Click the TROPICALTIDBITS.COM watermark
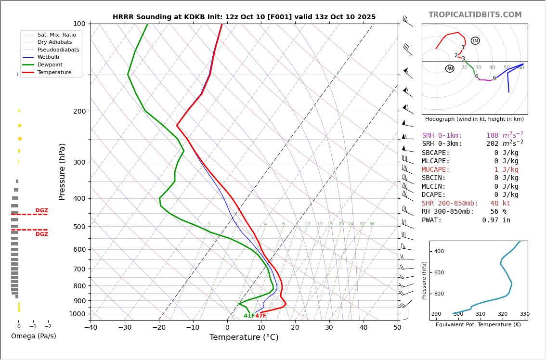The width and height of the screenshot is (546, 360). pyautogui.click(x=475, y=15)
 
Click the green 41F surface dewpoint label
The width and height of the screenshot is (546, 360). pyautogui.click(x=249, y=316)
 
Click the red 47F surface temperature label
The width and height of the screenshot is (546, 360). pyautogui.click(x=260, y=316)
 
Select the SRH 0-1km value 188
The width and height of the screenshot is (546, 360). pyautogui.click(x=492, y=136)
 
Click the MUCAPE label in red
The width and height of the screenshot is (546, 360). pyautogui.click(x=436, y=170)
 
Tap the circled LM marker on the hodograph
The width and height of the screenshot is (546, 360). pyautogui.click(x=475, y=41)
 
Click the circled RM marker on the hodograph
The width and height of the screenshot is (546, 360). pyautogui.click(x=450, y=69)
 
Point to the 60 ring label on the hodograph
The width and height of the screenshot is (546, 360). pyautogui.click(x=521, y=68)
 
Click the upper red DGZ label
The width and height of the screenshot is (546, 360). pyautogui.click(x=42, y=211)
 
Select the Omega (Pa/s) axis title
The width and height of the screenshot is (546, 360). pyautogui.click(x=34, y=336)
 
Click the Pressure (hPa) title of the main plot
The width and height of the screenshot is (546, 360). pyautogui.click(x=62, y=171)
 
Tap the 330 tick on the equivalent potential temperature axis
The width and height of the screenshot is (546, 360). pyautogui.click(x=524, y=314)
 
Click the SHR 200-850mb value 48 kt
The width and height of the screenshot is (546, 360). pyautogui.click(x=500, y=204)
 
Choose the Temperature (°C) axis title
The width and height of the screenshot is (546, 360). pyautogui.click(x=244, y=337)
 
